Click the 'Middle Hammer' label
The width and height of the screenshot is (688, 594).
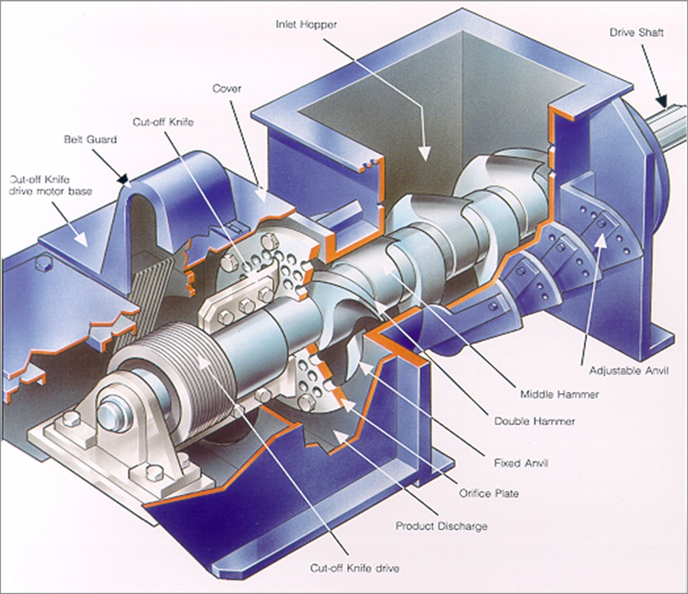click(550, 394)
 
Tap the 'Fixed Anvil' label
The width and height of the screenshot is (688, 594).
click(521, 463)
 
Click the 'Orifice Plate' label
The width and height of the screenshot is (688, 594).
click(488, 493)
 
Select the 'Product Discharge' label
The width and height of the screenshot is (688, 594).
click(442, 526)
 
